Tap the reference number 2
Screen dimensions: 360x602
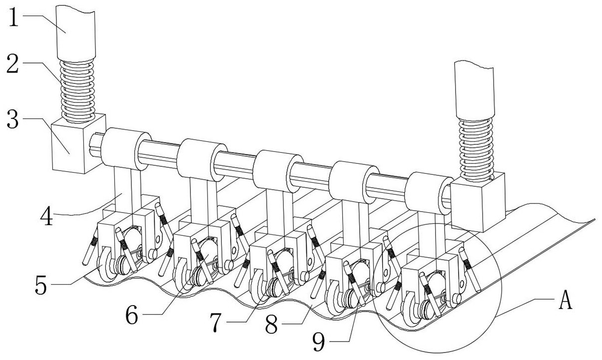coord(14,63)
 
